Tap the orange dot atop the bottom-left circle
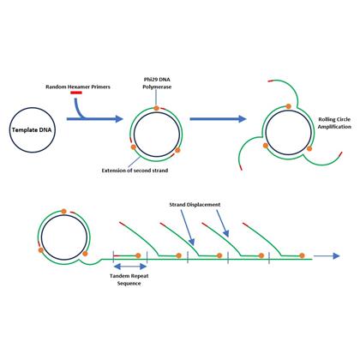[x=63, y=211]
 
